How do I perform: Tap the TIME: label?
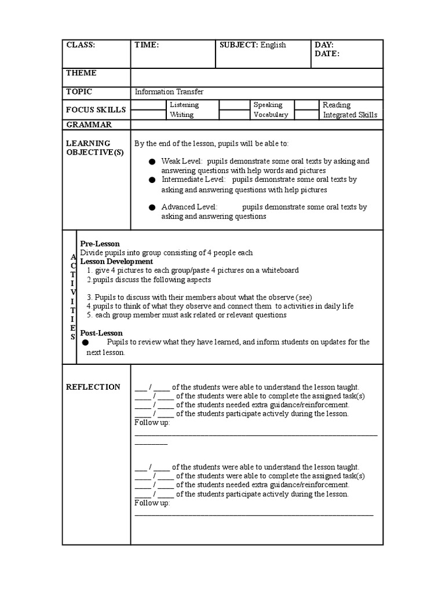(147, 45)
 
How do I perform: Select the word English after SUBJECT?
(273, 45)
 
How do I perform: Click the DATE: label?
(327, 54)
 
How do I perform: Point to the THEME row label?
(81, 73)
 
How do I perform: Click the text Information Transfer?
(169, 92)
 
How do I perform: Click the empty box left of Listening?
(148, 105)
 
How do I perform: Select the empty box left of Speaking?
(234, 105)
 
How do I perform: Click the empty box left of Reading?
(307, 105)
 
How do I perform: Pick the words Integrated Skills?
(350, 115)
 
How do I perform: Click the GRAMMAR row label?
(89, 125)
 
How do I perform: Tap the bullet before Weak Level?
(152, 162)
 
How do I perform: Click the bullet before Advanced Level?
(152, 207)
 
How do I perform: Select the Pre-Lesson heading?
(100, 244)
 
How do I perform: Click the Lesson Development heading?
(116, 262)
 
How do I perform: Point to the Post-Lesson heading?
(101, 333)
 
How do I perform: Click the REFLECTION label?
(93, 387)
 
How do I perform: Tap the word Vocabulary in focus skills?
(271, 115)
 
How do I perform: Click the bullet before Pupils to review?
(86, 342)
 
